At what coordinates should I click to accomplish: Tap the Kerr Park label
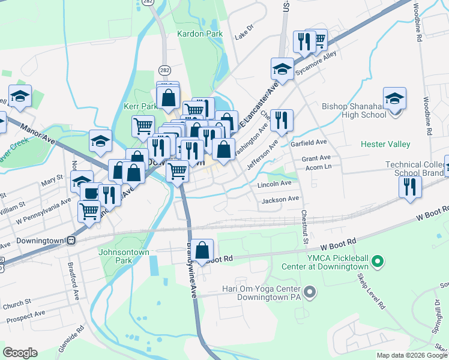pos(140,106)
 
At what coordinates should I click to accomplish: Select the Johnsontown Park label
pos(122,257)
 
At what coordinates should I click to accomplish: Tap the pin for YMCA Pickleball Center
pos(378,261)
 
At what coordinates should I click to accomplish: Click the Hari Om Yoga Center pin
pos(310,292)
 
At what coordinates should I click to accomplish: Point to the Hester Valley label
pos(385,144)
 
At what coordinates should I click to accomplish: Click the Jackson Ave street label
pos(280,199)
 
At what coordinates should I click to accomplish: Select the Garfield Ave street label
pos(308,142)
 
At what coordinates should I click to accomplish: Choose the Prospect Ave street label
pos(23,314)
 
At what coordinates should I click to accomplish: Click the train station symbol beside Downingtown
pos(71,241)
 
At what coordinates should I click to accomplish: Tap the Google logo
pos(20,352)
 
